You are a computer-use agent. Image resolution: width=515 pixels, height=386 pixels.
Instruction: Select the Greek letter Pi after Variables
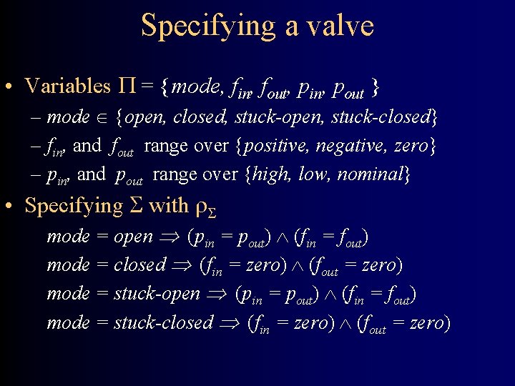(124, 86)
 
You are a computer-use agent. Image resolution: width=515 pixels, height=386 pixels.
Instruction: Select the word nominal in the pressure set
(373, 174)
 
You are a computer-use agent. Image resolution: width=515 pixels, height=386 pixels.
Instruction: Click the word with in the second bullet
(168, 206)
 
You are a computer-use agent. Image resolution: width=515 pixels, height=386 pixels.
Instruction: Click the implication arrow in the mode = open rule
(170, 237)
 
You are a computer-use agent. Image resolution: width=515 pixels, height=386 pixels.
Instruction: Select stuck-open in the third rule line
(156, 294)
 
